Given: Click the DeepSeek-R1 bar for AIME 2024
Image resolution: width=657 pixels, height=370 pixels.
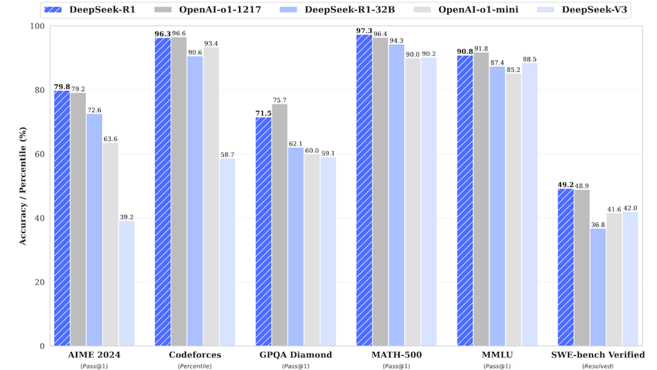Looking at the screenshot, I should (x=62, y=219).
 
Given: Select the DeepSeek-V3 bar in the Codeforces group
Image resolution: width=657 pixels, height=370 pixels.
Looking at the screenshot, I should (x=228, y=253).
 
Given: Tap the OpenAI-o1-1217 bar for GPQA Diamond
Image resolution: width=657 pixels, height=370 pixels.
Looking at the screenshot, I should (x=280, y=225).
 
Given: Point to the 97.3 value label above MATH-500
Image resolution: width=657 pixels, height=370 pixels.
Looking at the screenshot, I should (x=364, y=30).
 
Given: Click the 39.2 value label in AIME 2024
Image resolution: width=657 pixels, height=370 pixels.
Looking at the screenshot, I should (x=127, y=216).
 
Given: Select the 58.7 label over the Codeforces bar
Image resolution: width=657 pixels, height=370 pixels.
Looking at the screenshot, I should (x=228, y=154).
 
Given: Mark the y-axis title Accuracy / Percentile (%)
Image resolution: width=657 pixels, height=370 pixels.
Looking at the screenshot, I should (x=23, y=186).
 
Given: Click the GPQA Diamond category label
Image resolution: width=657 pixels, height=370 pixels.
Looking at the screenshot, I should (x=296, y=355).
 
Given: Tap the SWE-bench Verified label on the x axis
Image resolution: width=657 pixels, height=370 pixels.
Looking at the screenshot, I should (x=598, y=355).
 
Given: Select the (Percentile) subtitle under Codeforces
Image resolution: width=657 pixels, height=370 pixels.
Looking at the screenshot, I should (x=195, y=366).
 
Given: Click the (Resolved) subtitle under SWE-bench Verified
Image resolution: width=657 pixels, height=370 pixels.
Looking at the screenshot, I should (x=598, y=366).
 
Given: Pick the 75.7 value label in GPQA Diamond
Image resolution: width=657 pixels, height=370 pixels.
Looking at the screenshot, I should (x=280, y=100).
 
